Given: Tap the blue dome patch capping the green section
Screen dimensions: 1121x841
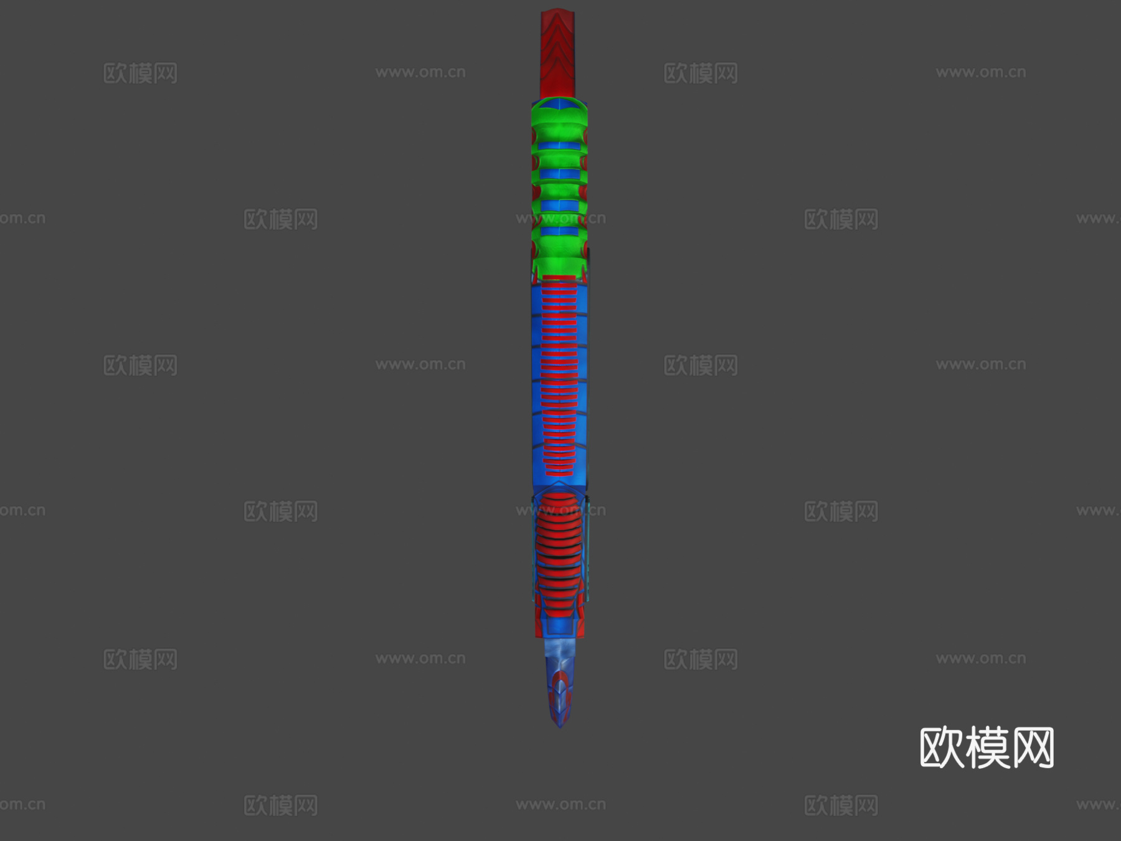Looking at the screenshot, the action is pos(559,104).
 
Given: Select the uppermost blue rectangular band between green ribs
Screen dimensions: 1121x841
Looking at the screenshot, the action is pos(559,145).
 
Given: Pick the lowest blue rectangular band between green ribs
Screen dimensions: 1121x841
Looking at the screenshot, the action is pos(559,231).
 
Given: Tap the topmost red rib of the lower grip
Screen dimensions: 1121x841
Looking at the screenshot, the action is pos(559,498).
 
